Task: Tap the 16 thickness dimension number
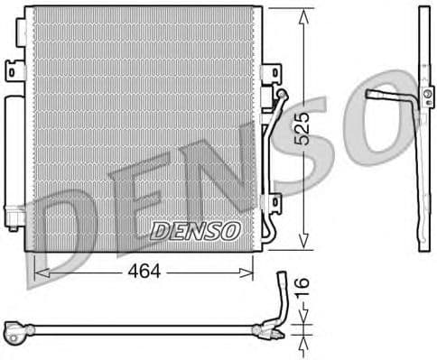pos(303,289)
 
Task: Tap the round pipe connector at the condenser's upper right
pos(281,94)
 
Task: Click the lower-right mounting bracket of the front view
pos(271,206)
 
